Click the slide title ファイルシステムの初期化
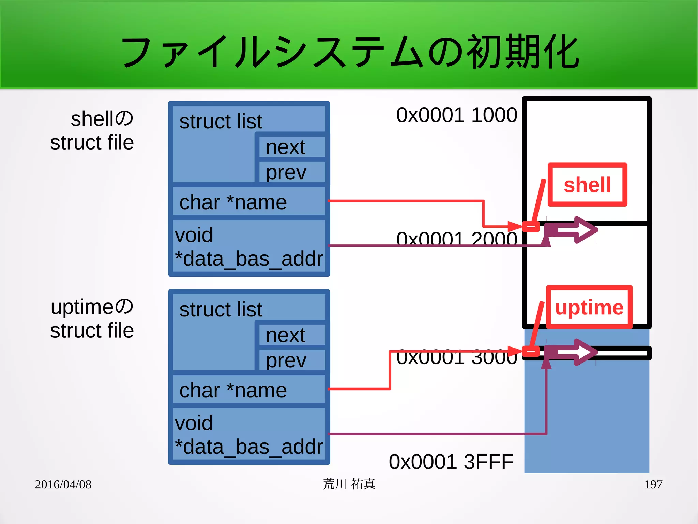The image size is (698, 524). [350, 52]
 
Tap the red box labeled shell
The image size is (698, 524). [587, 185]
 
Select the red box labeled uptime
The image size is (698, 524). [589, 307]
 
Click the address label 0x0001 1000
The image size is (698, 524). [456, 115]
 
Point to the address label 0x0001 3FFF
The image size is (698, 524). [451, 462]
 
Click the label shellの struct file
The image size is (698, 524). [92, 130]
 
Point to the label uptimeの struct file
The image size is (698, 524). [92, 318]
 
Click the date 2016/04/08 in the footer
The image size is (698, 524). [63, 484]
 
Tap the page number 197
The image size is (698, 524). [653, 484]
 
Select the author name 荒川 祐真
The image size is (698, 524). [349, 484]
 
